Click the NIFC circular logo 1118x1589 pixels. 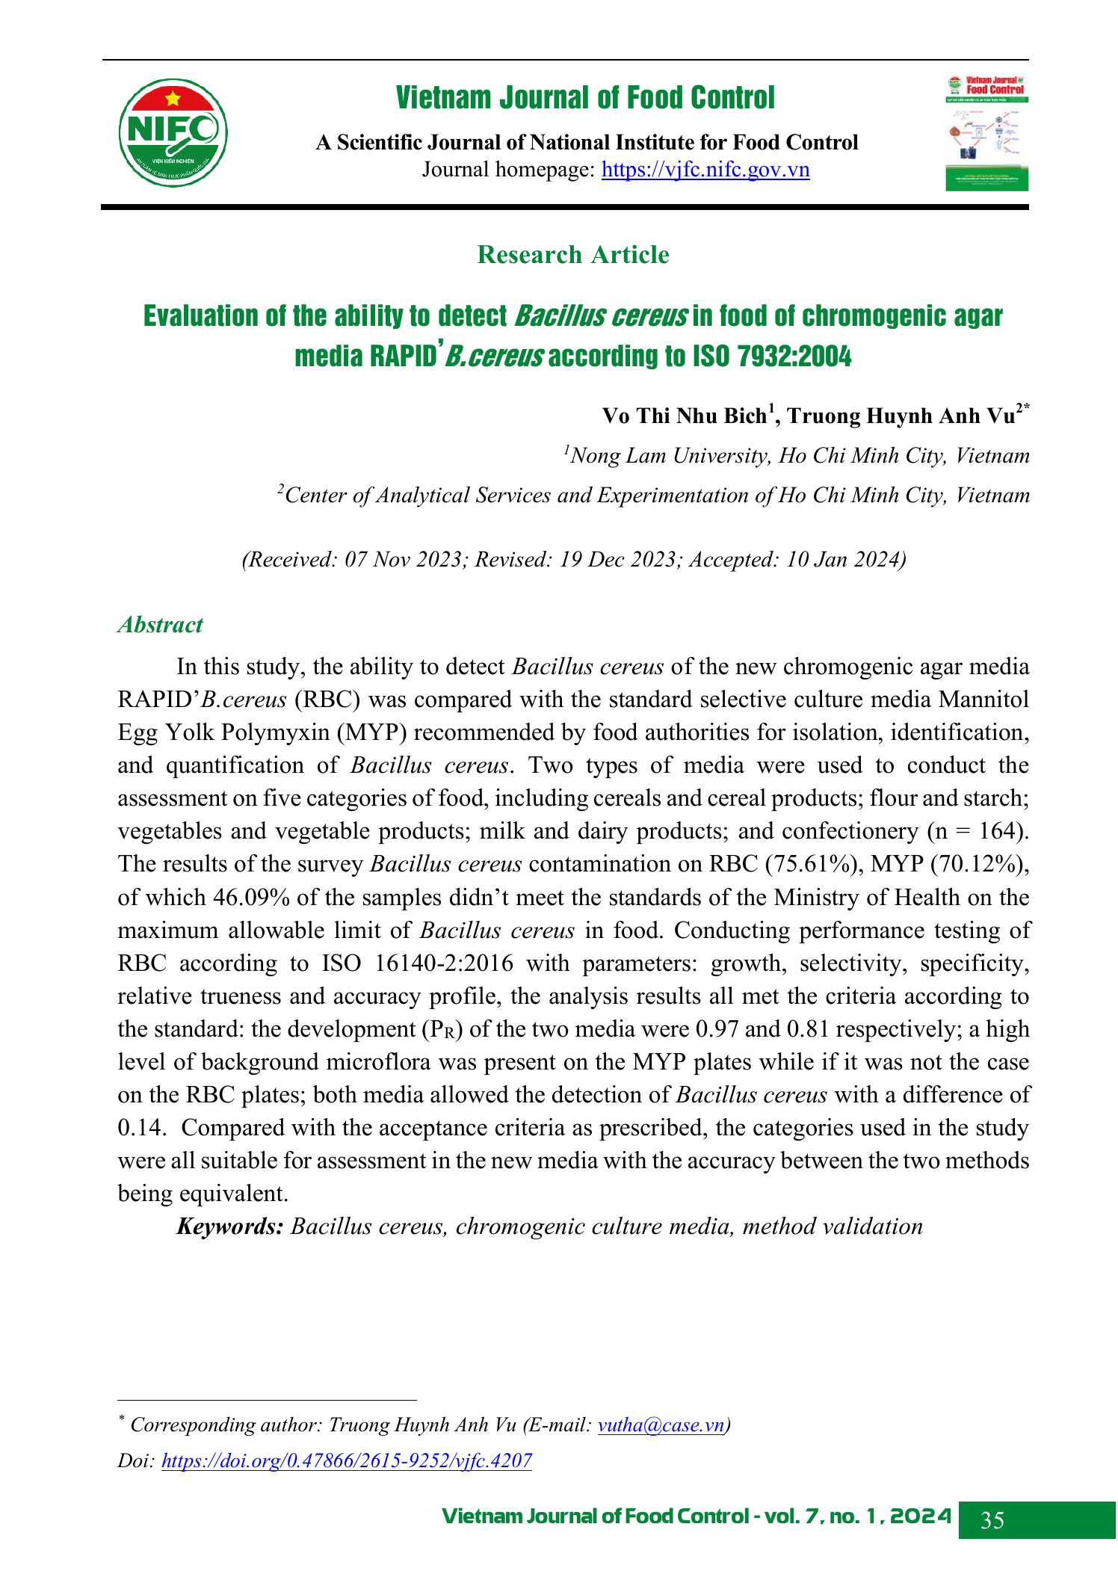coord(173,132)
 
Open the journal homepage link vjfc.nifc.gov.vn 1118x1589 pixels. coord(705,170)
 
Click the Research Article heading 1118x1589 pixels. coord(572,255)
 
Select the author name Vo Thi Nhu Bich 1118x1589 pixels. coord(685,416)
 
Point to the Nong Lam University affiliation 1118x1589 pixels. coord(798,455)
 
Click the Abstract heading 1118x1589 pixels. coord(160,625)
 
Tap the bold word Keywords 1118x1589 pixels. coord(229,1227)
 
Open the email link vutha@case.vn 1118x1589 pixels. coord(661,1425)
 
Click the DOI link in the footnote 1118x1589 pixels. coord(346,1460)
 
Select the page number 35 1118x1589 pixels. coord(992,1520)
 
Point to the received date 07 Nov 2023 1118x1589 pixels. coord(403,559)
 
